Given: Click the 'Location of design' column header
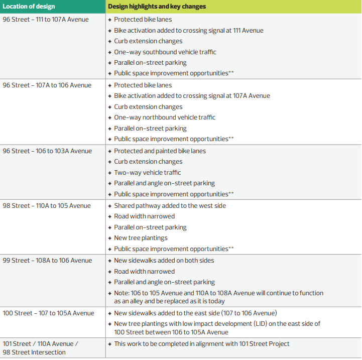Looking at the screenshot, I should (x=29, y=7).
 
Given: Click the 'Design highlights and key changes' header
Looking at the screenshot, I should (x=157, y=7).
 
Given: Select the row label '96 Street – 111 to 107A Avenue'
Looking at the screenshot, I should (x=46, y=20).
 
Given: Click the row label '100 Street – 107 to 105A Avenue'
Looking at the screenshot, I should (x=48, y=313).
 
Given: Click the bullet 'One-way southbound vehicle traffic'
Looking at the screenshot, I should (x=165, y=52).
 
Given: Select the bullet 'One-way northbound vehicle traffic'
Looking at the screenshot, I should (x=164, y=117).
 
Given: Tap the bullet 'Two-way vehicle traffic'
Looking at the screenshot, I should (x=147, y=173).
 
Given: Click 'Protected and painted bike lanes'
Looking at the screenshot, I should (x=160, y=151).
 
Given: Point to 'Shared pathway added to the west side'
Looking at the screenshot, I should (x=170, y=206).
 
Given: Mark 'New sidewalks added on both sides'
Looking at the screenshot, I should (x=164, y=261).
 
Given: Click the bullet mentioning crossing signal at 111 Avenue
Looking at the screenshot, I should (x=188, y=31).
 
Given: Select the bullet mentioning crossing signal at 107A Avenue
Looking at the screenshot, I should (x=192, y=96).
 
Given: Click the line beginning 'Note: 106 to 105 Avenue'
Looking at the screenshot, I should (x=218, y=293).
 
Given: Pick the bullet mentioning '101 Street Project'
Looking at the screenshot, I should (x=201, y=344).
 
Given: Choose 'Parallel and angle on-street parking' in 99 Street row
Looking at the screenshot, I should (x=164, y=282).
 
